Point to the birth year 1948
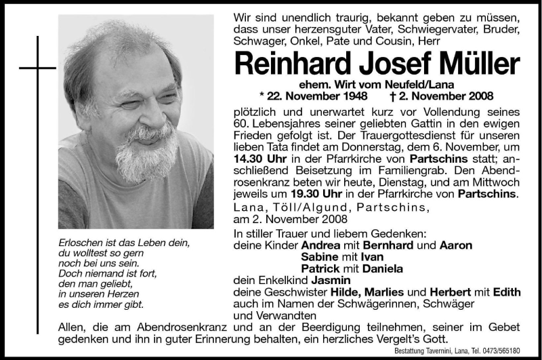353,96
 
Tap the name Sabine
320,257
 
